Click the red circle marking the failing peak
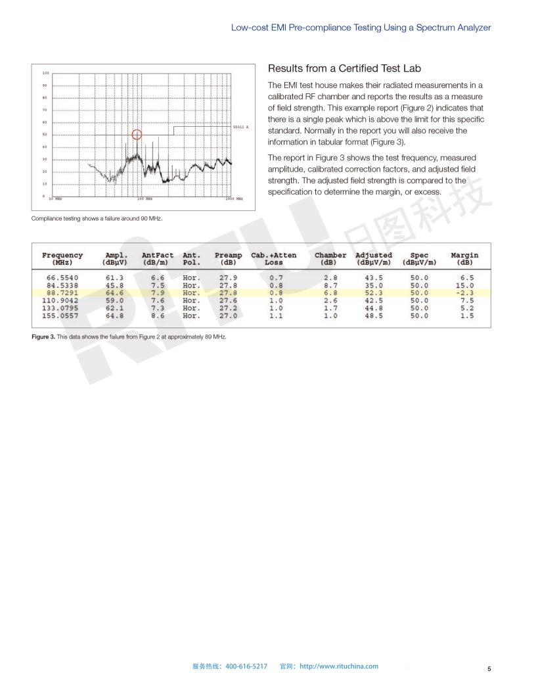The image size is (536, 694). (x=137, y=135)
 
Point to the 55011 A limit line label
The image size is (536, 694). (x=241, y=126)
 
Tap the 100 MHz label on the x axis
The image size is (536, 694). (x=145, y=198)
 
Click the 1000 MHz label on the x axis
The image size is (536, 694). (x=234, y=198)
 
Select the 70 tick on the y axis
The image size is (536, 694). (x=44, y=110)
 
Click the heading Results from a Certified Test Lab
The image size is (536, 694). (x=345, y=69)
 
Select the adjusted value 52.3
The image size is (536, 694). (x=374, y=293)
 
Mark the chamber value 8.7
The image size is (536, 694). (x=330, y=285)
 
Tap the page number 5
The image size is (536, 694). (x=489, y=669)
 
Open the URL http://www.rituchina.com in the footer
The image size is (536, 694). (x=339, y=666)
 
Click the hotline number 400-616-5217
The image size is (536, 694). (x=246, y=666)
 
